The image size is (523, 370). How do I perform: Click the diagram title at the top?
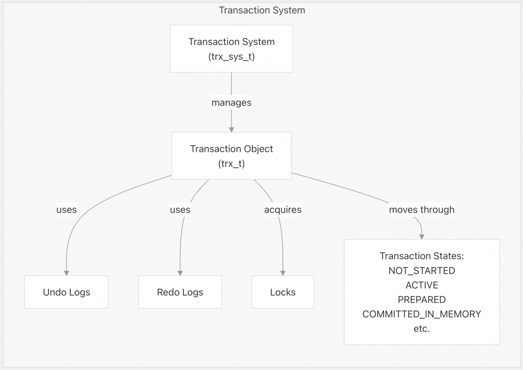pyautogui.click(x=262, y=10)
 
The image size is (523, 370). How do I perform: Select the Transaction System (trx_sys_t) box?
pyautogui.click(x=231, y=49)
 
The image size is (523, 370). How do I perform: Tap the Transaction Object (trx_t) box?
pyautogui.click(x=231, y=156)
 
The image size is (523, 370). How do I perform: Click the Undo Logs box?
pyautogui.click(x=66, y=292)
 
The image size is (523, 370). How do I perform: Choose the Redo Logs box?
pyautogui.click(x=180, y=292)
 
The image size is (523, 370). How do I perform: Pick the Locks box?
pyautogui.click(x=283, y=292)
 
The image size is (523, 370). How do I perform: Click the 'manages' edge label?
pyautogui.click(x=231, y=103)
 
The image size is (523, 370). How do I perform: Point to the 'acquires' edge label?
pyautogui.click(x=283, y=209)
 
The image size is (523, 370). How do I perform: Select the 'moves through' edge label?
pyautogui.click(x=422, y=209)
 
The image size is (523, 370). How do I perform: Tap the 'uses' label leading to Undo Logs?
pyautogui.click(x=66, y=209)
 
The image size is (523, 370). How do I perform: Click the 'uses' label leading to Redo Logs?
pyautogui.click(x=180, y=209)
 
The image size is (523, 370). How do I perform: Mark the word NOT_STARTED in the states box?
pyautogui.click(x=422, y=270)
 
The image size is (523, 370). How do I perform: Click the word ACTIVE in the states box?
pyautogui.click(x=422, y=285)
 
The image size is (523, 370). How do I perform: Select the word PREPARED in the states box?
pyautogui.click(x=422, y=299)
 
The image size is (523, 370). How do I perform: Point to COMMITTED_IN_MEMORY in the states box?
pyautogui.click(x=422, y=314)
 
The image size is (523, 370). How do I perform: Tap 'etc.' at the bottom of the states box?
pyautogui.click(x=422, y=329)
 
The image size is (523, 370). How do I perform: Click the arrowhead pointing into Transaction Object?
pyautogui.click(x=231, y=130)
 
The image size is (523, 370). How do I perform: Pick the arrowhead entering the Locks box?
pyautogui.click(x=283, y=273)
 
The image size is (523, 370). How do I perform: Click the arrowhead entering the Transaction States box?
pyautogui.click(x=422, y=237)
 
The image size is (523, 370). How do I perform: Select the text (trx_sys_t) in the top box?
pyautogui.click(x=231, y=57)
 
